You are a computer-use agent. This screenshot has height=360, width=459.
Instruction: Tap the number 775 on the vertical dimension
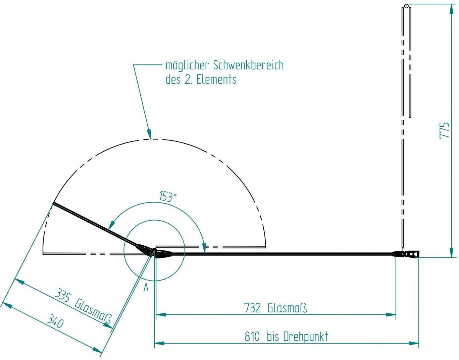pos(445,130)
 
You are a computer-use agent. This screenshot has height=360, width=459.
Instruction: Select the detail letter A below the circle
pos(146,288)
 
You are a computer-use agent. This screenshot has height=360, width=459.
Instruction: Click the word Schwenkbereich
pos(248,65)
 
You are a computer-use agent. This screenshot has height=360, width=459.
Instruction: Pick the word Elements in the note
pos(216,80)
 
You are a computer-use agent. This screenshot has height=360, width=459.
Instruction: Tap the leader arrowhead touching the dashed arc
pos(149,134)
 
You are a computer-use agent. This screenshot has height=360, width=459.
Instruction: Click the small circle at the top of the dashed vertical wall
pos(406,5)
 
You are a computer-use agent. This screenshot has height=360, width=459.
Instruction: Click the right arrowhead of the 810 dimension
pos(414,343)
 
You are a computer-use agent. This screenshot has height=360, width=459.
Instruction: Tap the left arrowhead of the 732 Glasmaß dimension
pos(160,315)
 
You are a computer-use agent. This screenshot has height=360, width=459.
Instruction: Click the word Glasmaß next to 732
pos(287,308)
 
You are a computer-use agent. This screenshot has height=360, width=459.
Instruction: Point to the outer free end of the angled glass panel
pos(53,204)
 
